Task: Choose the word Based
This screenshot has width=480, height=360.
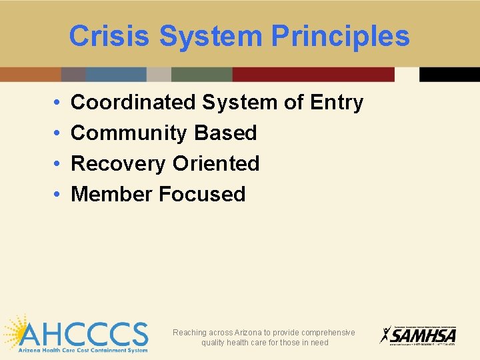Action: pyautogui.click(x=225, y=133)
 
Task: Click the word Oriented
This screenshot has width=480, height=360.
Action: pyautogui.click(x=216, y=163)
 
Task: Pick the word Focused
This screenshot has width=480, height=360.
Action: pyautogui.click(x=202, y=194)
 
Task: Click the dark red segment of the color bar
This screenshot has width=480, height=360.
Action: pyautogui.click(x=313, y=74)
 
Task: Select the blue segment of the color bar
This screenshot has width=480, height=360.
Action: pyautogui.click(x=116, y=74)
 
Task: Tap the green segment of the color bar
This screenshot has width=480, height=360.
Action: pyautogui.click(x=201, y=74)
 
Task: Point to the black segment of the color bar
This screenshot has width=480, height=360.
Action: pyautogui.click(x=449, y=74)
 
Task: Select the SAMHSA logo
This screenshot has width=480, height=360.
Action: pyautogui.click(x=418, y=335)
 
